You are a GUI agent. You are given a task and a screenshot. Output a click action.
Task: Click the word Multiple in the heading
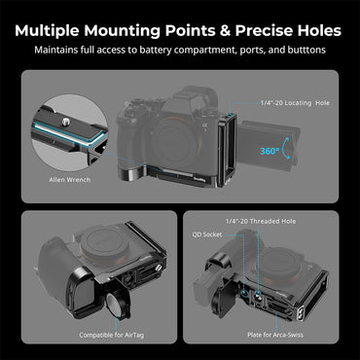click(x=47, y=30)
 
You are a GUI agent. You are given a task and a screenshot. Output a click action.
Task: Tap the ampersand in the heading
click(x=224, y=30)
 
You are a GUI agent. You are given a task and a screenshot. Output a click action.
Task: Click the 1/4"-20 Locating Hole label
click(x=295, y=103)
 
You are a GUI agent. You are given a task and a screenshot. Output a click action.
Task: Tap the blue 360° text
click(x=270, y=151)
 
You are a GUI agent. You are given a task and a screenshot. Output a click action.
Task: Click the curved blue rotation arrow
click(x=286, y=148)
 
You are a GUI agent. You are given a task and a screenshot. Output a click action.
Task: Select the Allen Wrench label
click(x=70, y=179)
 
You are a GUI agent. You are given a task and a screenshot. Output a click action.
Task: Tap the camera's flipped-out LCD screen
click(x=270, y=145)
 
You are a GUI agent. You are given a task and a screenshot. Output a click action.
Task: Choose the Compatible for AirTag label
click(x=111, y=335)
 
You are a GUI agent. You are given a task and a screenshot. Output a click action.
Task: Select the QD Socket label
click(x=207, y=234)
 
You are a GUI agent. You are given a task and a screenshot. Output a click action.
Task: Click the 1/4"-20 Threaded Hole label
click(x=261, y=221)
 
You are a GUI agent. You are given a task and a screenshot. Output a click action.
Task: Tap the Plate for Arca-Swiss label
click(x=275, y=335)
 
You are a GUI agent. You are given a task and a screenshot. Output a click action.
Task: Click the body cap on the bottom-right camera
click(x=274, y=261)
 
